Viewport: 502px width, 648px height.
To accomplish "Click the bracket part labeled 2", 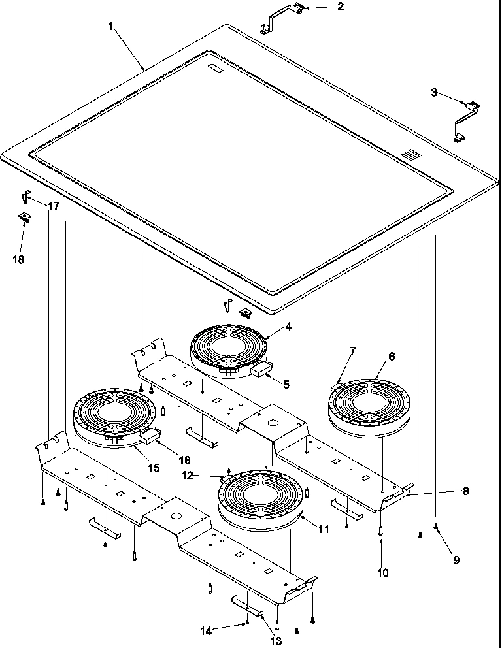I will (283, 17).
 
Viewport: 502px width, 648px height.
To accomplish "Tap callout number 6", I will (392, 357).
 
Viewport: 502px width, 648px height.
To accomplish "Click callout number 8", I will (465, 491).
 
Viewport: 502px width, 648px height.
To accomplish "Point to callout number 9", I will (456, 559).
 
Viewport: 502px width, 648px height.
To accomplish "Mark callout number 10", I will (383, 573).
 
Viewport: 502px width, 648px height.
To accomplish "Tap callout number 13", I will (276, 641).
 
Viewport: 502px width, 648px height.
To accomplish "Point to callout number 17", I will (54, 206).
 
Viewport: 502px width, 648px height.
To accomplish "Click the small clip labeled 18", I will (24, 216).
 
